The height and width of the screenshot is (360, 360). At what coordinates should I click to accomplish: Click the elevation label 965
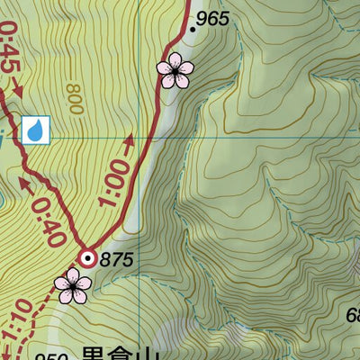213,18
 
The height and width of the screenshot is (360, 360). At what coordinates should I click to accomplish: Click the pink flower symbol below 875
72,285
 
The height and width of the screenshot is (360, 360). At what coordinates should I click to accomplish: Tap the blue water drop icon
36,130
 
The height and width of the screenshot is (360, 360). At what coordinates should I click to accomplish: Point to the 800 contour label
73,98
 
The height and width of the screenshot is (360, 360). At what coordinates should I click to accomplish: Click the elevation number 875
117,260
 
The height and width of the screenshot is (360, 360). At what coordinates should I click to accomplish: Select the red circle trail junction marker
87,259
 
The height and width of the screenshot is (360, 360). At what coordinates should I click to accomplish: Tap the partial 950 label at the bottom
52,356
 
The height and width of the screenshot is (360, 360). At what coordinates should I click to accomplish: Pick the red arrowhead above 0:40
22,186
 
